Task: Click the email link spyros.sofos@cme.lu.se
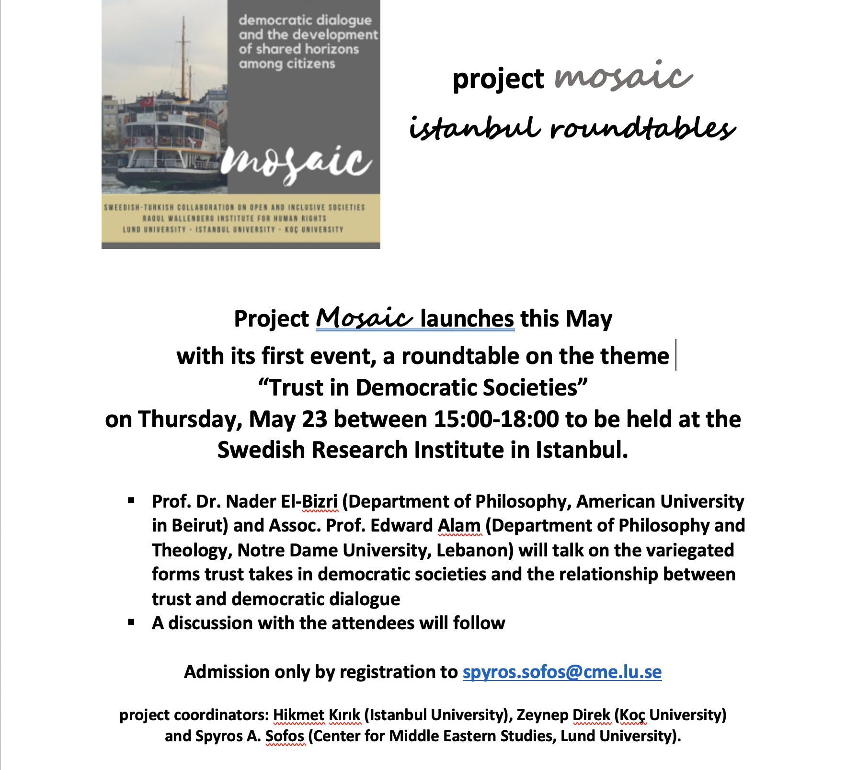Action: tap(562, 672)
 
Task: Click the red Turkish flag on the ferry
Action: tap(147, 102)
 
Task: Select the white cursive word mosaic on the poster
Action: tap(296, 163)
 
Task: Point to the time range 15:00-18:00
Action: tap(496, 419)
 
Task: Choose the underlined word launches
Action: tap(467, 319)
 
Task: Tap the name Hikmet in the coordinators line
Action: tap(298, 715)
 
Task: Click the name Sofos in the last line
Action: tap(285, 736)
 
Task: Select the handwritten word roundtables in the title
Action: tap(642, 128)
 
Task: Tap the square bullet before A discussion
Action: tap(131, 623)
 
